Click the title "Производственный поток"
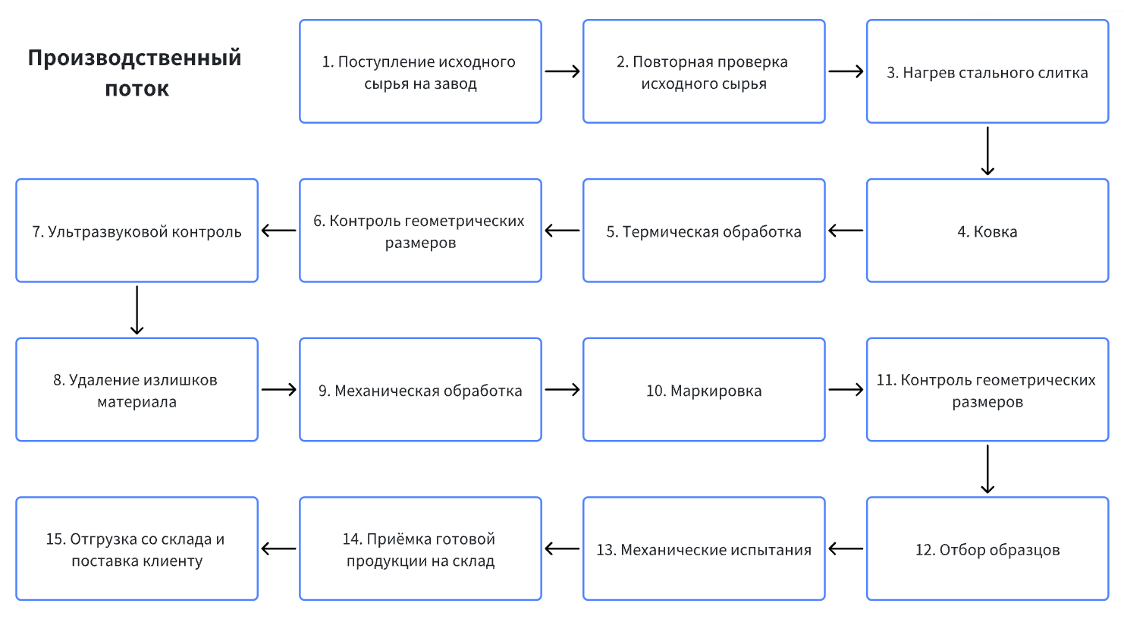point(135,73)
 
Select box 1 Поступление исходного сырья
point(420,72)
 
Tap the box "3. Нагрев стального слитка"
point(987,72)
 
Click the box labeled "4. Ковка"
point(987,231)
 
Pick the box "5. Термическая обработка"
point(703,231)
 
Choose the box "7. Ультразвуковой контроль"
point(137,231)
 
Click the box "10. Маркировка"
point(703,391)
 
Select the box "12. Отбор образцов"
point(987,549)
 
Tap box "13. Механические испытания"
point(703,549)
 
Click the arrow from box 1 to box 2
point(562,71)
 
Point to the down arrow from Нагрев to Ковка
point(987,151)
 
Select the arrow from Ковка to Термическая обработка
point(846,231)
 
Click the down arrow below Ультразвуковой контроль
point(137,309)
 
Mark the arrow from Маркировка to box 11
point(846,390)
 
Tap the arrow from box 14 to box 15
point(278,548)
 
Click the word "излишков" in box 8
point(180,380)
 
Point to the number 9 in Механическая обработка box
point(323,391)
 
